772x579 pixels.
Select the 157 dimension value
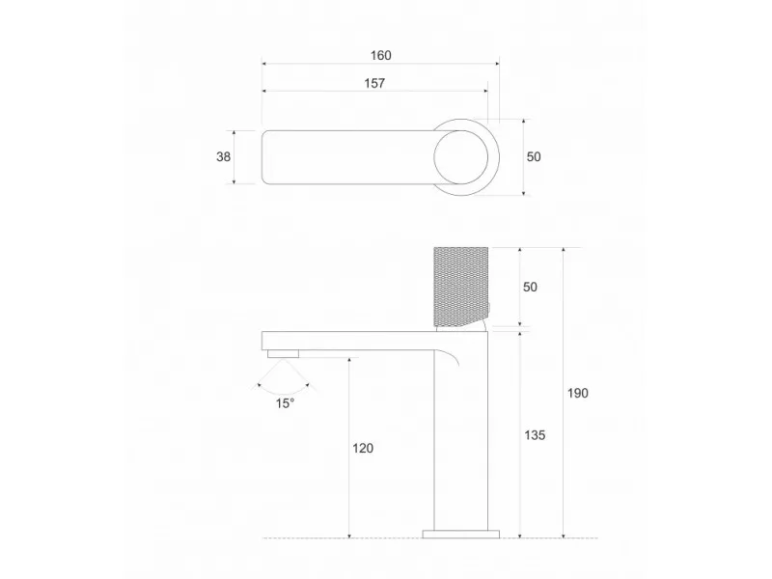pyautogui.click(x=374, y=84)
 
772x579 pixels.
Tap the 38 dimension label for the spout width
pyautogui.click(x=223, y=156)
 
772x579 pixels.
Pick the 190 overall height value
pyautogui.click(x=578, y=393)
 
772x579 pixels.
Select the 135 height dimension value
pyautogui.click(x=536, y=435)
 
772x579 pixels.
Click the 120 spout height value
pyautogui.click(x=363, y=448)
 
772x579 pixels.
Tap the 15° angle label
pyautogui.click(x=284, y=403)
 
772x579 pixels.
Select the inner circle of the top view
pyautogui.click(x=462, y=156)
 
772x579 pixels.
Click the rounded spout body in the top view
pyautogui.click(x=347, y=156)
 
